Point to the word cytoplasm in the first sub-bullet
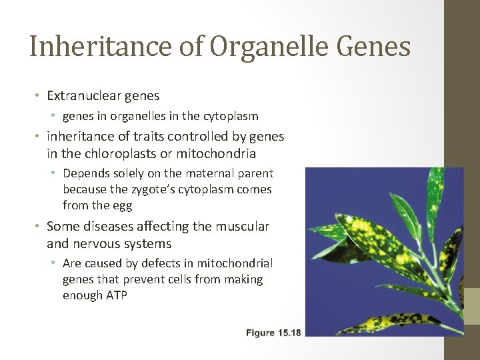[231, 117]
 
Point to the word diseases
[109, 227]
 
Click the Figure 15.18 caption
[273, 333]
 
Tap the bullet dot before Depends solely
[55, 174]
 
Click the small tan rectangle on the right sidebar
[471, 306]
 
